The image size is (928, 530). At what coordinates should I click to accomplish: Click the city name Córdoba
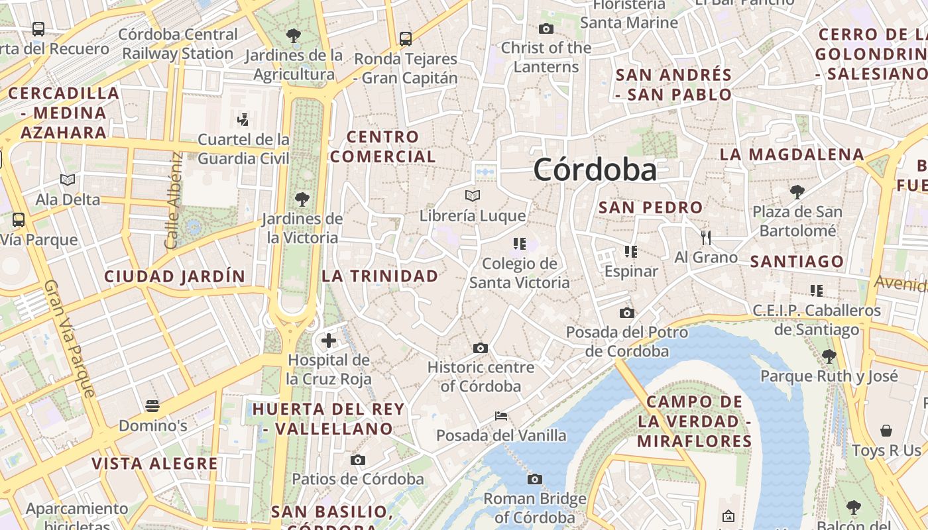(x=595, y=170)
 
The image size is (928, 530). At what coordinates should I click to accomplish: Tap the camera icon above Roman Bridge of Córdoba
(x=535, y=479)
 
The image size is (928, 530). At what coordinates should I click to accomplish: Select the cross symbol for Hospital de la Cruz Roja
(x=329, y=341)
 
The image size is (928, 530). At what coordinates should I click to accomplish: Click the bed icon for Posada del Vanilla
(x=501, y=416)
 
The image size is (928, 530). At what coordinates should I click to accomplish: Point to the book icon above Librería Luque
(x=472, y=196)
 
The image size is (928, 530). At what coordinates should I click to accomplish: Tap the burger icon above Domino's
(x=153, y=405)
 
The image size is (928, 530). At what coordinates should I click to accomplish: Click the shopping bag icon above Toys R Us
(x=886, y=431)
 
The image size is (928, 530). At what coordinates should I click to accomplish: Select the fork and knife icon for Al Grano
(x=706, y=237)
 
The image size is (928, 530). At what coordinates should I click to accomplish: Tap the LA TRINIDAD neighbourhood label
(x=380, y=276)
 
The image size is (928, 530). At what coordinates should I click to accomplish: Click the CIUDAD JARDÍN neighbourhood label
(x=175, y=276)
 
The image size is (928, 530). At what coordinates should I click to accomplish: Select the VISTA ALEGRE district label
(x=154, y=463)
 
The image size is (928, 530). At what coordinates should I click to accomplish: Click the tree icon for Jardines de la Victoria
(x=302, y=199)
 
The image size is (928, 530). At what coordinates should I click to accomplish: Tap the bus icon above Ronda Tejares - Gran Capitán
(x=406, y=39)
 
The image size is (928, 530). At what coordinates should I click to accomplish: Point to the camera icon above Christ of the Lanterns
(x=546, y=28)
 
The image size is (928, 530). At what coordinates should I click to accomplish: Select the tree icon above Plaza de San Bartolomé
(x=797, y=192)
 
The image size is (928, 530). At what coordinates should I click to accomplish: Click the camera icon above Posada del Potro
(x=626, y=313)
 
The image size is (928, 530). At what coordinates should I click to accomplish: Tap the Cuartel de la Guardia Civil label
(x=244, y=149)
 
